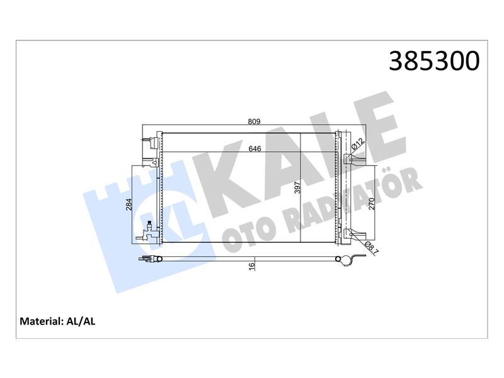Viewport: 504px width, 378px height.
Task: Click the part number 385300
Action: tap(434, 60)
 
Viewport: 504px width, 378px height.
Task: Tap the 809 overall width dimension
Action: tap(254, 122)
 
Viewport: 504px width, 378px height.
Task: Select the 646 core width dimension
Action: tap(255, 149)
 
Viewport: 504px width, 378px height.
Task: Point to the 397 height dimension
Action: tap(297, 187)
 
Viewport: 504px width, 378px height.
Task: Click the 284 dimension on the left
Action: tap(129, 204)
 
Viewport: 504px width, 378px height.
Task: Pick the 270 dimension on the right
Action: tap(372, 203)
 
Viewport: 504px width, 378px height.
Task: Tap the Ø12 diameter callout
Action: tap(357, 144)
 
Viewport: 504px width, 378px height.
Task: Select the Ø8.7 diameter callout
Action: tap(372, 248)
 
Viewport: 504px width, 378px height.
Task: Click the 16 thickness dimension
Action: tap(251, 265)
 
